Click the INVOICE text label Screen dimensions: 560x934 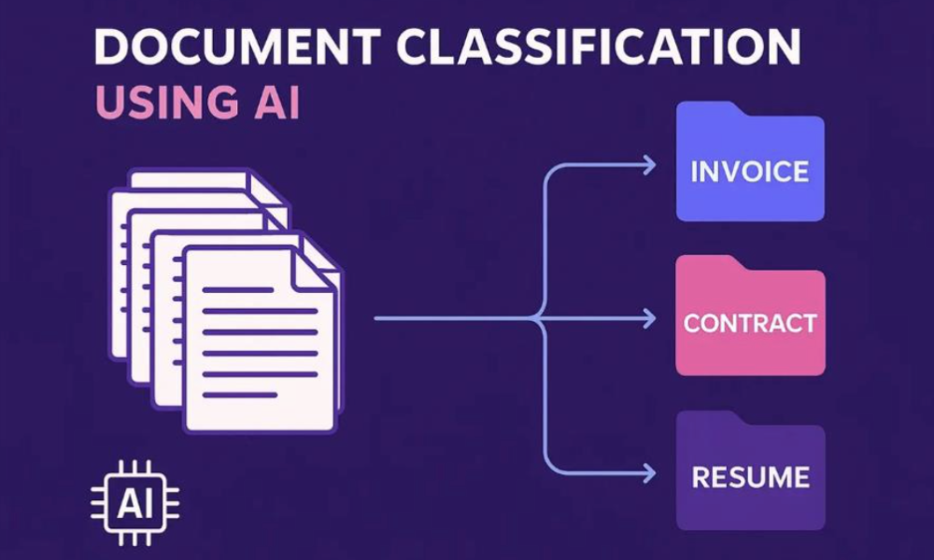(x=750, y=172)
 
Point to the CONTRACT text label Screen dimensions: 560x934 (x=750, y=324)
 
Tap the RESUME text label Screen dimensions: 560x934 (x=750, y=478)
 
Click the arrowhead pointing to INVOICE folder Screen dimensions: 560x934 (x=648, y=165)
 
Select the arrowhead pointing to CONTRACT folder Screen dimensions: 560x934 (x=648, y=319)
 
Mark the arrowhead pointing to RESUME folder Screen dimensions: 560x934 (x=648, y=472)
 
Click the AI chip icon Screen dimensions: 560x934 (x=134, y=505)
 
